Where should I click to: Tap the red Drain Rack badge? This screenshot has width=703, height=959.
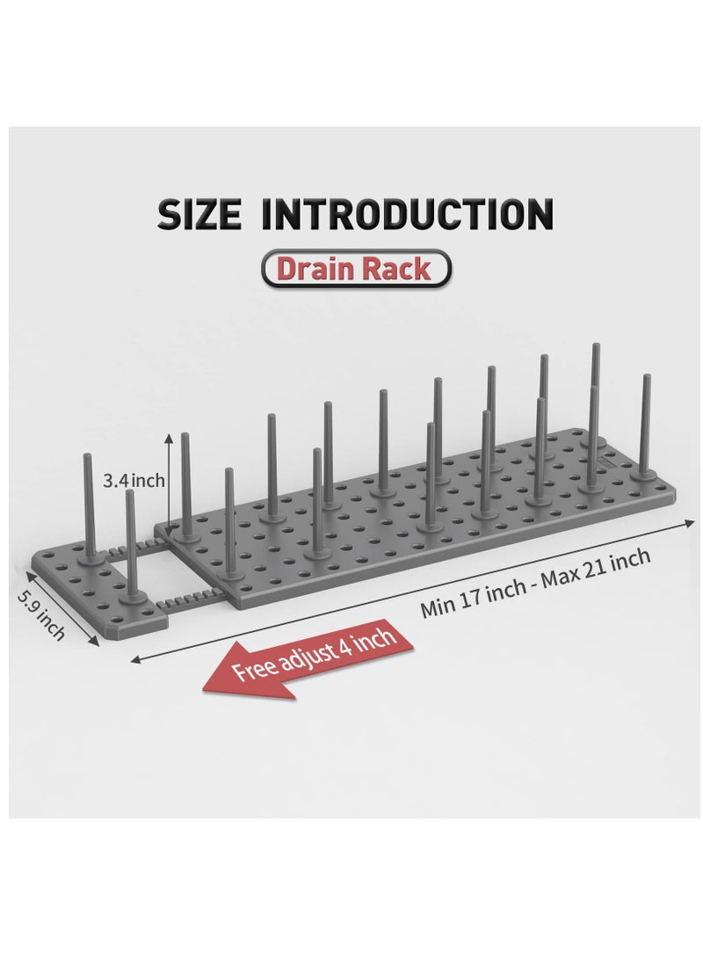pos(355,268)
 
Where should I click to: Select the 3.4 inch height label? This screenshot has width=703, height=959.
pos(132,481)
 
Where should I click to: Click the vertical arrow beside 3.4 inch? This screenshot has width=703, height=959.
pos(169,475)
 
